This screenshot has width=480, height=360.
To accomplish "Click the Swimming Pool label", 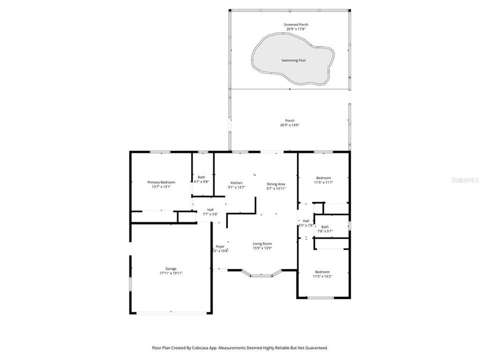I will click(x=292, y=60).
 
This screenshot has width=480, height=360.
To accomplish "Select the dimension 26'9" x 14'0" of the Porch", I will click(x=290, y=125).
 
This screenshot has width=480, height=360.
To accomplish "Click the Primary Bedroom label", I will click(x=161, y=182).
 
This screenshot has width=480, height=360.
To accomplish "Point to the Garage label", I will click(x=171, y=268).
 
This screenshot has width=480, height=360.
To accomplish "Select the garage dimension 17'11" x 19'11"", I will click(x=171, y=273).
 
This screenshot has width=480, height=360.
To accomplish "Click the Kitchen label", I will click(x=236, y=182).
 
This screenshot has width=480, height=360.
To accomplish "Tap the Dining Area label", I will click(x=275, y=184).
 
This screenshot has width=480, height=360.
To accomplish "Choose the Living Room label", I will click(x=262, y=243).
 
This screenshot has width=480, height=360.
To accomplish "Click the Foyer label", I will click(x=220, y=246).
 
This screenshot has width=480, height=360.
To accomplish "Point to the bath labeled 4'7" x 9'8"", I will click(x=201, y=177).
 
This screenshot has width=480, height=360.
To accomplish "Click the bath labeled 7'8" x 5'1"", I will click(x=325, y=226).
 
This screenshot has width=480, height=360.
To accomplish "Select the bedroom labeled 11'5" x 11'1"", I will click(x=323, y=178).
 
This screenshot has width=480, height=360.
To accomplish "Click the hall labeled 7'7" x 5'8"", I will click(x=210, y=209).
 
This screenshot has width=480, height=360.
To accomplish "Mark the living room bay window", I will click(x=262, y=273).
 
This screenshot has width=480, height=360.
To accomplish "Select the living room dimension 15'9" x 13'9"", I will click(x=262, y=248).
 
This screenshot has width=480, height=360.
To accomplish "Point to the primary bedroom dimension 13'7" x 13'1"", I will click(x=161, y=186).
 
